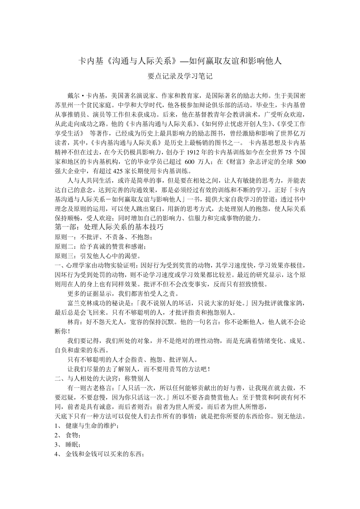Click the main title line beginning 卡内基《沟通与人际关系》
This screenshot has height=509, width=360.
point(180,61)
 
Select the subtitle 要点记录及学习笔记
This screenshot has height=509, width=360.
point(180,76)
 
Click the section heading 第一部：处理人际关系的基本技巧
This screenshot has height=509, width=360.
point(109,227)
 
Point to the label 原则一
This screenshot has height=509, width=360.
point(64,237)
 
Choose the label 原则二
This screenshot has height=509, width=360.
point(64,247)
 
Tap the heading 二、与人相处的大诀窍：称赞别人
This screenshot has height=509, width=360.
point(103,378)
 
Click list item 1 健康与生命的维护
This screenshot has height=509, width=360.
point(92,426)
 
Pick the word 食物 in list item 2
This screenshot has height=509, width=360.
point(72,435)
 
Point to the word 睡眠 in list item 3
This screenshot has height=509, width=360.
point(72,445)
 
